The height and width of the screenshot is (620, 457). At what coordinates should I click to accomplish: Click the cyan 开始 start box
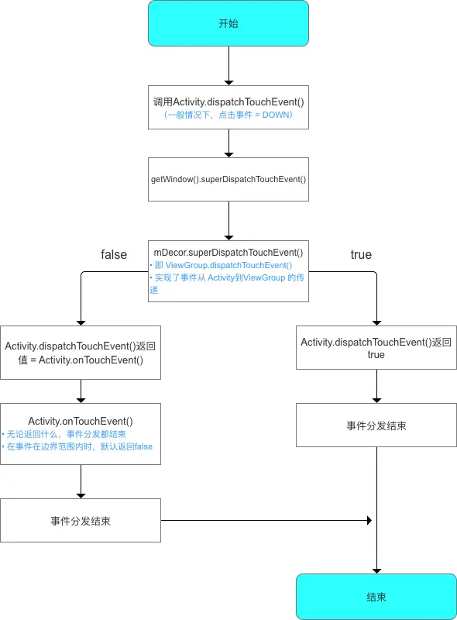tap(228, 23)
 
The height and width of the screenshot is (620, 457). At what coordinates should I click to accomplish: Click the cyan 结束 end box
tap(376, 597)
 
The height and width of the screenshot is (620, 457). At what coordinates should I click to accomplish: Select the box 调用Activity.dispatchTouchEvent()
tap(228, 101)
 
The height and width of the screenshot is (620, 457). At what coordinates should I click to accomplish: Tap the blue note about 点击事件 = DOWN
tap(228, 114)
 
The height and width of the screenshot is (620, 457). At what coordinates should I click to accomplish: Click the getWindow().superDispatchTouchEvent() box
tap(228, 179)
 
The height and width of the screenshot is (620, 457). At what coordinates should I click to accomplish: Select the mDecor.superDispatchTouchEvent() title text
tap(228, 252)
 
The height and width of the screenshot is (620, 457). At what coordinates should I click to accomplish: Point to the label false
tap(114, 254)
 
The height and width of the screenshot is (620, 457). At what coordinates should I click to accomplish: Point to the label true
tap(361, 254)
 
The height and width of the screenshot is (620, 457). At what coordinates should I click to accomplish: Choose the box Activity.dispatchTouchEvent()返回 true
tap(376, 347)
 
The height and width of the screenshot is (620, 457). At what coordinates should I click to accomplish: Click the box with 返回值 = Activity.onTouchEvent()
tap(81, 353)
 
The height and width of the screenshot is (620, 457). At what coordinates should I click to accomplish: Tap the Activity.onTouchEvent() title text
tap(81, 421)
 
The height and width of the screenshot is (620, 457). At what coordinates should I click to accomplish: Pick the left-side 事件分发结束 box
tap(81, 521)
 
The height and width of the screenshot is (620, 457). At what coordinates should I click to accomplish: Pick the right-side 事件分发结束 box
tap(376, 425)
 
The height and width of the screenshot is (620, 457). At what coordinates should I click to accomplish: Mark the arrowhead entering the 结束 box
tap(376, 569)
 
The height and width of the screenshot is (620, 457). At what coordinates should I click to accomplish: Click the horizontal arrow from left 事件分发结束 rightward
tap(263, 521)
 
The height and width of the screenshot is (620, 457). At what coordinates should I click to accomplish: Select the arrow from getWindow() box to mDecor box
tap(228, 221)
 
